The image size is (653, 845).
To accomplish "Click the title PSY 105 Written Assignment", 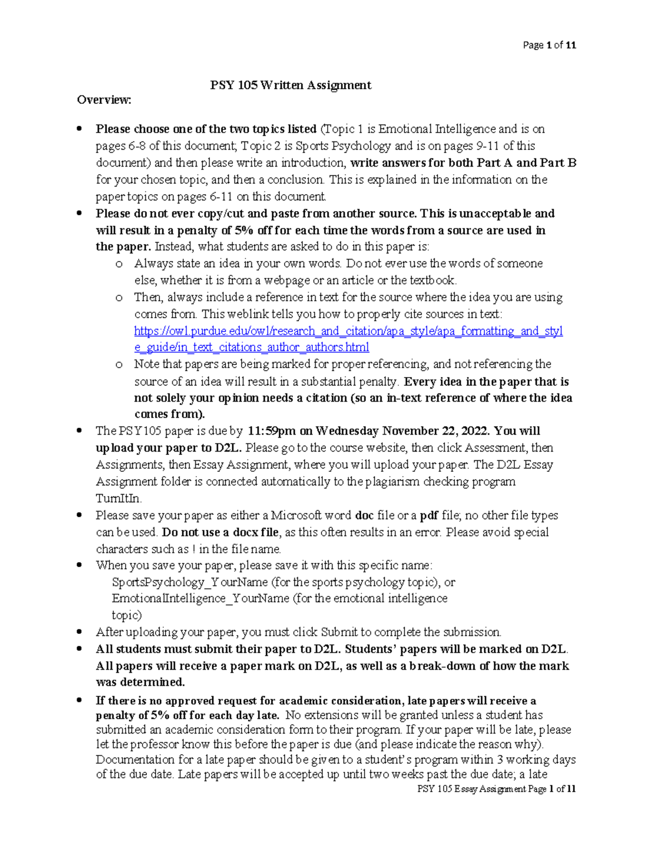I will coord(291,85).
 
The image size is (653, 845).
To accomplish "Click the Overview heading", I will coord(104,100).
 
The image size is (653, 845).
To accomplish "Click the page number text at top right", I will coord(549,45).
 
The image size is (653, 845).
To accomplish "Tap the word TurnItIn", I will coord(119,498).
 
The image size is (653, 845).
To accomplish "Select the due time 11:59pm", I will coord(272,431).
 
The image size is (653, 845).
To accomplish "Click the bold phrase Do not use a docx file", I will coord(220,532).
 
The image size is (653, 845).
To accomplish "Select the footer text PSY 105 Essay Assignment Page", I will coord(482,789).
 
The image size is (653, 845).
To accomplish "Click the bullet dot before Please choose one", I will coord(80,129).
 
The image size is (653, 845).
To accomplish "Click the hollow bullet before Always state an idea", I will coord(119,264).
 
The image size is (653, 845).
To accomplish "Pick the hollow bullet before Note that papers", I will coord(119,365).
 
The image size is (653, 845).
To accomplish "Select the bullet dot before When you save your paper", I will coord(80,565).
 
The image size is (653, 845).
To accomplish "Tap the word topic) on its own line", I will coord(126,615).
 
